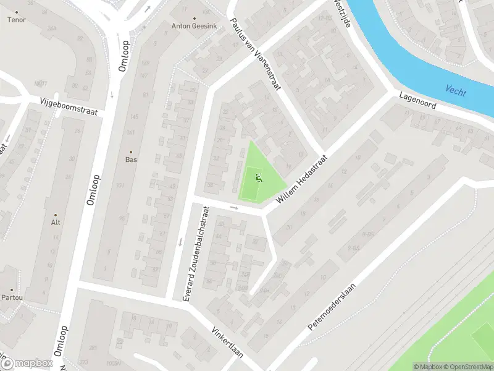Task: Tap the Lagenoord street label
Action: [x=417, y=101]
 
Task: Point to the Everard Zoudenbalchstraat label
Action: [x=198, y=254]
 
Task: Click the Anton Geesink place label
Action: [x=195, y=26]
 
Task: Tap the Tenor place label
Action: [x=16, y=20]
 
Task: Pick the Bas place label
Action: [x=130, y=160]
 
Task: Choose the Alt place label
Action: [x=56, y=222]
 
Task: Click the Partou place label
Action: [x=12, y=297]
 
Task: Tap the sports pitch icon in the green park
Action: [x=258, y=178]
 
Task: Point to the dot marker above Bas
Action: [x=130, y=151]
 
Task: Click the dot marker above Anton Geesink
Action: [x=195, y=19]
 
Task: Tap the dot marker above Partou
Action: [x=12, y=289]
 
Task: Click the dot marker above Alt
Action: [x=56, y=215]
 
